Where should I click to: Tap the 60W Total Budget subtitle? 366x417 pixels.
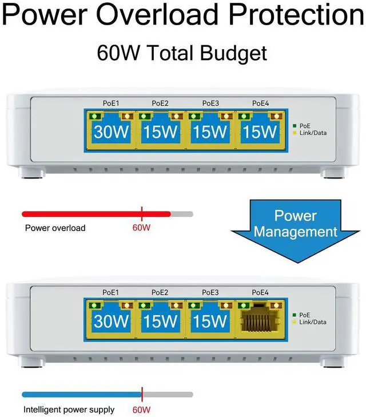(182, 53)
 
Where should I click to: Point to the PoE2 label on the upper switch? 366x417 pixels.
(160, 104)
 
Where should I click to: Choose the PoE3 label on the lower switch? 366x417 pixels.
(210, 292)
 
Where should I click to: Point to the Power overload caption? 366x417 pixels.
(55, 228)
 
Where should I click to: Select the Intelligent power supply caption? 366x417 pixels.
(69, 410)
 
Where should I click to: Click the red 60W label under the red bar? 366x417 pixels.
(141, 228)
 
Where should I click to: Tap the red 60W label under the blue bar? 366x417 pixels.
(141, 410)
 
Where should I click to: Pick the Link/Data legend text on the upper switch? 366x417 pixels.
(313, 133)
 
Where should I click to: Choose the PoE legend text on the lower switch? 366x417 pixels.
(305, 314)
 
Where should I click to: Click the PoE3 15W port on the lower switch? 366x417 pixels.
(210, 321)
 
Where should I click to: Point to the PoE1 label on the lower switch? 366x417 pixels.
(110, 292)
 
